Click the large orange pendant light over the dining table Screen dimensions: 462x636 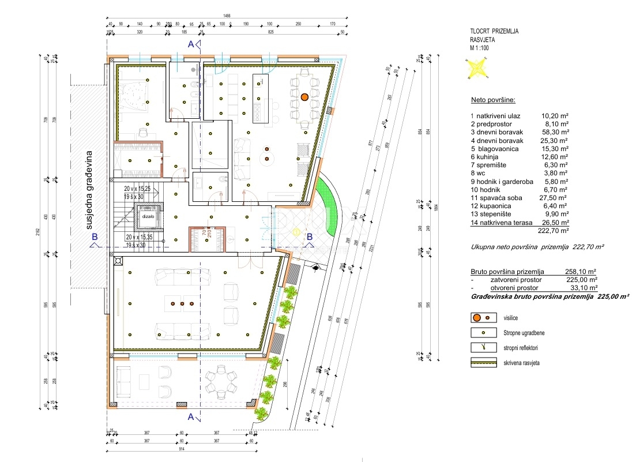coord(304,97)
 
